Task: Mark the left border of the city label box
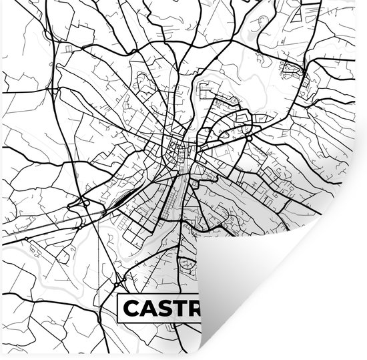point(118,308)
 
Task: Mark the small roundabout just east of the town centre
point(247,137)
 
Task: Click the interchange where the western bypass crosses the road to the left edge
point(85,202)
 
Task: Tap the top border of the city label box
point(157,296)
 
